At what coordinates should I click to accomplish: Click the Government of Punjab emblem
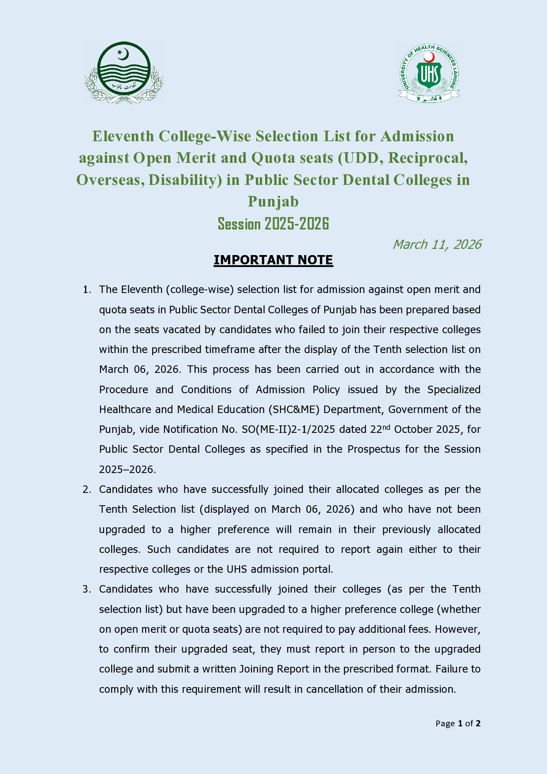(124, 73)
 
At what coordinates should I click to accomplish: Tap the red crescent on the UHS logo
(429, 57)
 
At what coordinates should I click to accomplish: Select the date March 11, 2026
(437, 244)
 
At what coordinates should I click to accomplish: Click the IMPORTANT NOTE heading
(273, 260)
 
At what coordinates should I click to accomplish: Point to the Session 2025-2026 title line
(273, 224)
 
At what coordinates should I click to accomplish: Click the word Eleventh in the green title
(123, 136)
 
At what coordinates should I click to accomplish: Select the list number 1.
(86, 290)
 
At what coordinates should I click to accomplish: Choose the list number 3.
(86, 590)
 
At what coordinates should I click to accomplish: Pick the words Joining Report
(274, 669)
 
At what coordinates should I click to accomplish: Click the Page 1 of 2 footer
(458, 723)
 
